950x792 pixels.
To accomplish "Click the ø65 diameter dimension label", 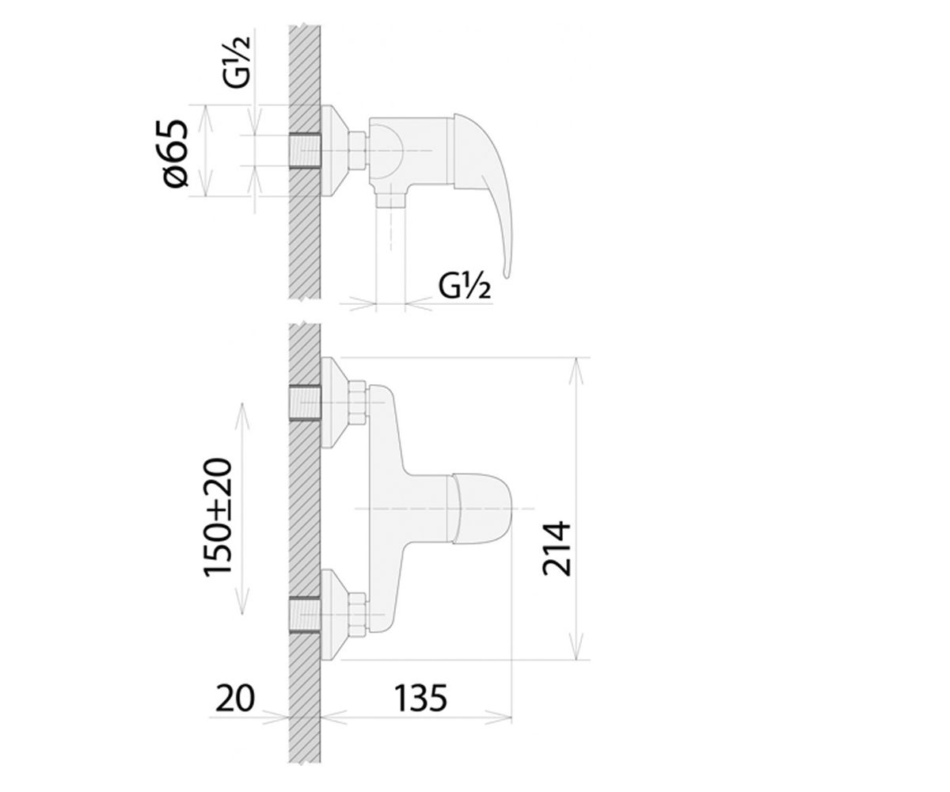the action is coord(176,154).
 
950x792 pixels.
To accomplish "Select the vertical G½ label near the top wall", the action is coord(237,61).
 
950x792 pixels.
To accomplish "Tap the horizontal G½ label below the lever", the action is coord(464,286).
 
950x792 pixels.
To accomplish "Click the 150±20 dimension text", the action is coord(218,517).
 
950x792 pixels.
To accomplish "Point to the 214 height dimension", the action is coord(557,550).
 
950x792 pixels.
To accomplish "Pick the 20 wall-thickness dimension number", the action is coord(235,699).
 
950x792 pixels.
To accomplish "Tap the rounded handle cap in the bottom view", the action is coord(482,508).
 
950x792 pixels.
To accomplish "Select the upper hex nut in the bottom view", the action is coord(357,402).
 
